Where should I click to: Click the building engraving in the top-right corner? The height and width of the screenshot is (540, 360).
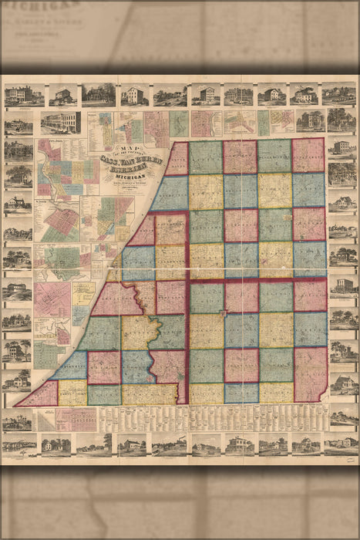tap(341, 96)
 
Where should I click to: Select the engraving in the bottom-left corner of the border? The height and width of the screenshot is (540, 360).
tap(18, 446)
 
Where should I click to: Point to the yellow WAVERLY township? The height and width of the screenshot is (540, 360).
tap(274, 190)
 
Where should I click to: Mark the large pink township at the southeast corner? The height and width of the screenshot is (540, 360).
tap(310, 373)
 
